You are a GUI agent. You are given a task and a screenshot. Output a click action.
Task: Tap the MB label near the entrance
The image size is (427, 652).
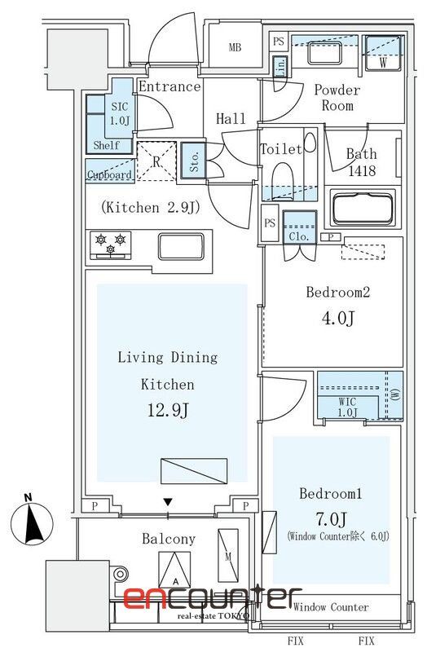coord(235,47)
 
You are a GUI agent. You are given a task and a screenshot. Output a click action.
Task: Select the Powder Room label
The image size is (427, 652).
coord(337,99)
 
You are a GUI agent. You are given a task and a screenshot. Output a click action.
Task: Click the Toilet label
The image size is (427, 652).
coord(280,149)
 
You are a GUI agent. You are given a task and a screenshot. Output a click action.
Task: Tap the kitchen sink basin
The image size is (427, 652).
coord(183,244)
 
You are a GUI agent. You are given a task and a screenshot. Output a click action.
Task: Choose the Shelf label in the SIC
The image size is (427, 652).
coord(106,146)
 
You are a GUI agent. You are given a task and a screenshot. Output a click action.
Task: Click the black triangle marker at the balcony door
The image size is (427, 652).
coord(168,502)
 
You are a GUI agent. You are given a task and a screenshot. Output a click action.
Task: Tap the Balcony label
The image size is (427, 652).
coord(169,539)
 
